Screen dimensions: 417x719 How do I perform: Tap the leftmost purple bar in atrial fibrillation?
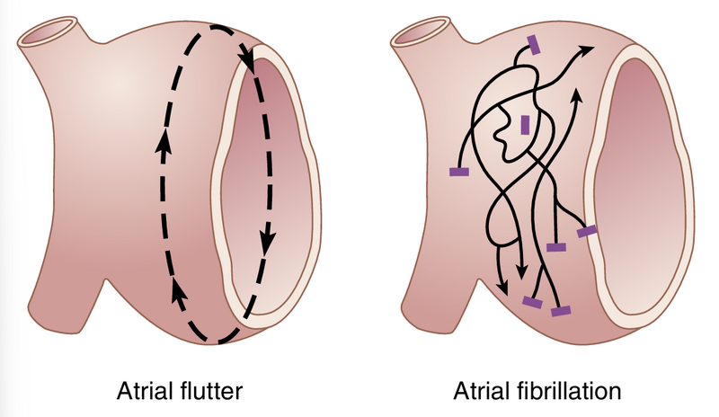(x=459, y=170)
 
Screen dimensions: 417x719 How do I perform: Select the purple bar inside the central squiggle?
(x=525, y=123)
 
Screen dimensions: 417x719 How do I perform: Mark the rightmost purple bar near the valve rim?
(x=586, y=232)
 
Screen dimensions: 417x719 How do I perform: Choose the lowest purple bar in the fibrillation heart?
(x=561, y=311)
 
